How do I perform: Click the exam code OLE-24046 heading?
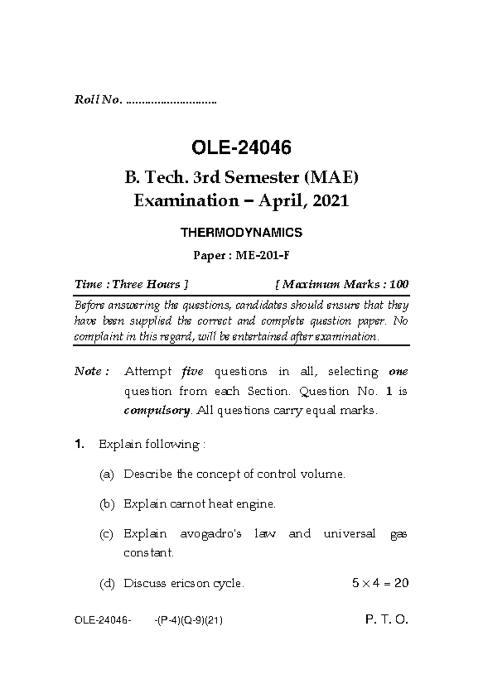tap(241, 148)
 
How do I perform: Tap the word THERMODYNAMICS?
tap(241, 233)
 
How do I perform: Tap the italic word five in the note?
tap(192, 371)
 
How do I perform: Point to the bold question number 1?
tap(79, 445)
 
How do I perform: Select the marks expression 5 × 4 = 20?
tap(380, 583)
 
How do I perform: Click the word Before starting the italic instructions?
tap(89, 306)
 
